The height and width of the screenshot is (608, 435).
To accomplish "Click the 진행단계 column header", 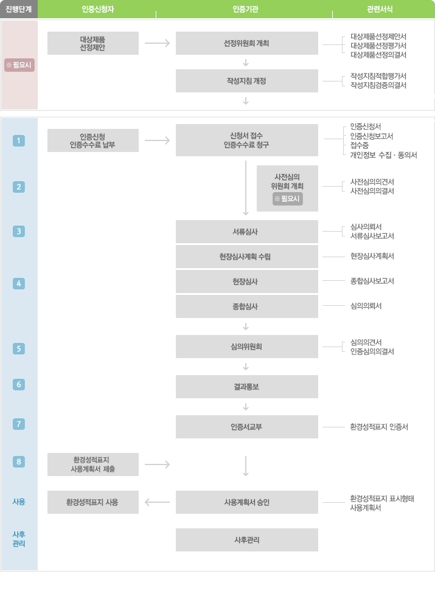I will (18, 9).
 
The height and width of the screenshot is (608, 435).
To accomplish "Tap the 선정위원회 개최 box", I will (246, 43).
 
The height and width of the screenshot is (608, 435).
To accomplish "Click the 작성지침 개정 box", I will (246, 81).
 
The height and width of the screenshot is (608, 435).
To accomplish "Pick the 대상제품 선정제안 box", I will (92, 43).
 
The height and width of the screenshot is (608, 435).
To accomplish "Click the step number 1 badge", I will (19, 141).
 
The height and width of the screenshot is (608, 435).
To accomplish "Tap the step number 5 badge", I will (19, 348).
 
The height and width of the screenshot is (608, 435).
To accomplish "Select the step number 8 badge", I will (19, 461).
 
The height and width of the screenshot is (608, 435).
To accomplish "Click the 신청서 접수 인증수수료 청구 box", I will (246, 140).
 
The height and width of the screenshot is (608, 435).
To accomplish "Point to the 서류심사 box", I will (246, 232).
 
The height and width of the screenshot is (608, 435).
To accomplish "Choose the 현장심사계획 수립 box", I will (246, 257).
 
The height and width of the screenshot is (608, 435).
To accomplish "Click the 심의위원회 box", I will (246, 347).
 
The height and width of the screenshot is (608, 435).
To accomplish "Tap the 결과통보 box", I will (246, 387).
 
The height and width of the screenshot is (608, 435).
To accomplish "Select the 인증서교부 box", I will (246, 427).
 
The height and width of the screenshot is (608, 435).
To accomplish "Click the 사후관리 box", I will (246, 540).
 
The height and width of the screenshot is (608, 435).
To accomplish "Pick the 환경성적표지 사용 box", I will (92, 502).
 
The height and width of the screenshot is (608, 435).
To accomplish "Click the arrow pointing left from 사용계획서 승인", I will (158, 502).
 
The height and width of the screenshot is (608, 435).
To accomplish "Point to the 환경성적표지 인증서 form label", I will (379, 427).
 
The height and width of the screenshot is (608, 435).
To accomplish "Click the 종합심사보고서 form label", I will (372, 281).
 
